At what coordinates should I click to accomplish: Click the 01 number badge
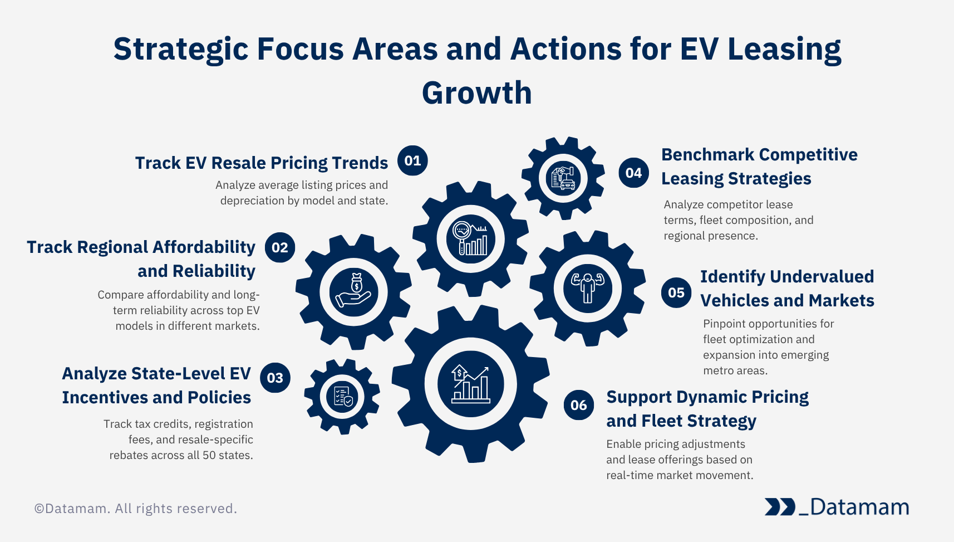[x=412, y=160]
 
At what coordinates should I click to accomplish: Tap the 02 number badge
[x=279, y=247]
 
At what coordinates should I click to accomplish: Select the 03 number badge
[x=275, y=378]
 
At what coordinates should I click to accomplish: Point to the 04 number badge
[x=633, y=173]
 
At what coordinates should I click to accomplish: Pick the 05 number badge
[x=676, y=292]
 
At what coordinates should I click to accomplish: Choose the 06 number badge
[x=578, y=405]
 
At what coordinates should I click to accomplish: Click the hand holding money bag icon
[x=353, y=291]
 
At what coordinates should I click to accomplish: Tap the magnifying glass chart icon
[x=470, y=239]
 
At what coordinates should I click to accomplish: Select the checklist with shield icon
[x=342, y=396]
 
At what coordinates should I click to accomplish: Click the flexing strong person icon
[x=588, y=287]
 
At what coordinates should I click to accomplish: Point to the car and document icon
[x=563, y=178]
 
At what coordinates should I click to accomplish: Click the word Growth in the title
[x=477, y=93]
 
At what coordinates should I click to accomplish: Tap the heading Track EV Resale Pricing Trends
[x=261, y=163]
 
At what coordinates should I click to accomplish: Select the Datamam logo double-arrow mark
[x=779, y=507]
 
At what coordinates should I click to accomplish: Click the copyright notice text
[x=136, y=509]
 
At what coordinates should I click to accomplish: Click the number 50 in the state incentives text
[x=209, y=455]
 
